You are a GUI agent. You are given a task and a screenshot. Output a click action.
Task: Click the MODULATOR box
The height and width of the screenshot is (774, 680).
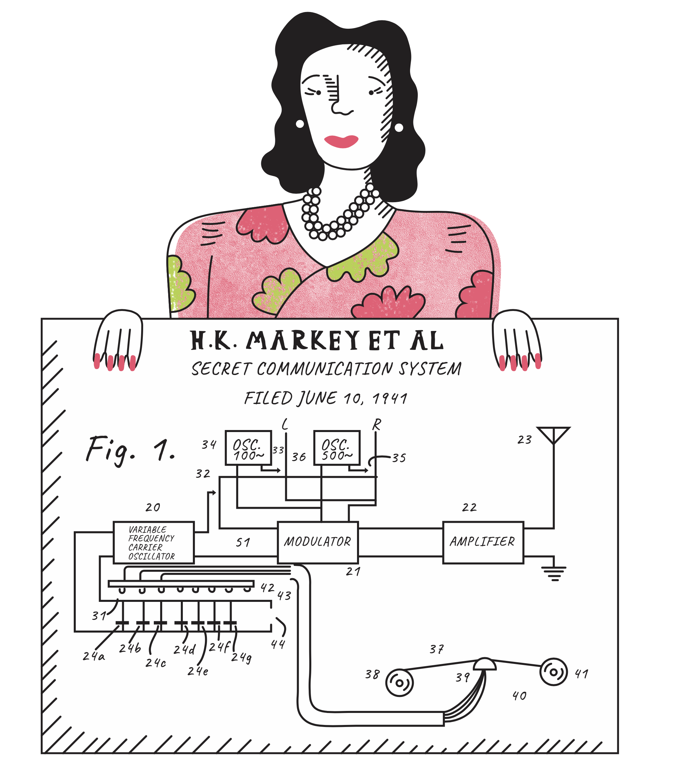coord(317,542)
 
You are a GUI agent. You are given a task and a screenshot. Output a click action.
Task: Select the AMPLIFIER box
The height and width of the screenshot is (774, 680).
coord(483,542)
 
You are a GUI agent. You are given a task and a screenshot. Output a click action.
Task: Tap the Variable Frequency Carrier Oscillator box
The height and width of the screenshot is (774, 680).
coord(153,542)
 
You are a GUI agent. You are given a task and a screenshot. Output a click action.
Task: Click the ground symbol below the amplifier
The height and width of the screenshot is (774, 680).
coord(554,573)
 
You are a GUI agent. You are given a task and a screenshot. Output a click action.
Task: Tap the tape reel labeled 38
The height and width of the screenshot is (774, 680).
coord(399,683)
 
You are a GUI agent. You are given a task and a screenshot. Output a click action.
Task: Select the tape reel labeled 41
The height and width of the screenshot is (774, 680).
coord(553,672)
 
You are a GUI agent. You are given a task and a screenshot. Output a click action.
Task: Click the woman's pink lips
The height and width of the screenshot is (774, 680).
coord(341,141)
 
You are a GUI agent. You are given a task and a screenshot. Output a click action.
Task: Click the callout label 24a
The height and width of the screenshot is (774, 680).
coord(93,656)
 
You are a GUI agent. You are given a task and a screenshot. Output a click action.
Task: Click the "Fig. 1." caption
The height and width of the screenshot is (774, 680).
coord(130,451)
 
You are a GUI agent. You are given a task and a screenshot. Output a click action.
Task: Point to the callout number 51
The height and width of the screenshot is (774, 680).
coord(243,542)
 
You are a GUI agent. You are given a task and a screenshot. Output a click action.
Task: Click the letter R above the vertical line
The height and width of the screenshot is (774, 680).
coord(376,424)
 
